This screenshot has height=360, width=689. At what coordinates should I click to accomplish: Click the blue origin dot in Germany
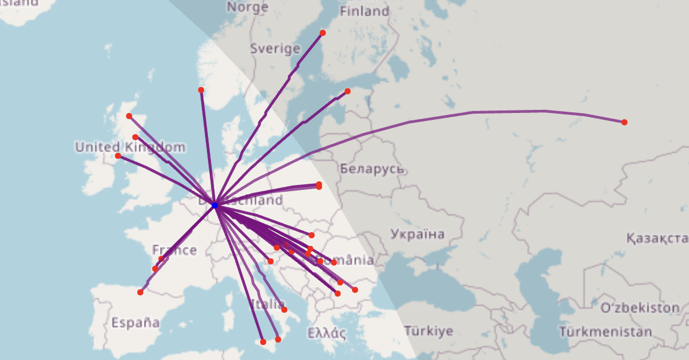[x=215, y=205]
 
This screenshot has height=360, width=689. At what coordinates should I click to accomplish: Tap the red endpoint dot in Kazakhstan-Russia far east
[x=624, y=122]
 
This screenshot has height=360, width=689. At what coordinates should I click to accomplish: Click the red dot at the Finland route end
[x=323, y=33]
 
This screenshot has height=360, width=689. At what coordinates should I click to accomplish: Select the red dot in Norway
[x=201, y=90]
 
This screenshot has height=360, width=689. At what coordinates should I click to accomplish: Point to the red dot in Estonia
[x=348, y=91]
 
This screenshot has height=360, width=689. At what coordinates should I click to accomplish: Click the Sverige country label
[x=275, y=48]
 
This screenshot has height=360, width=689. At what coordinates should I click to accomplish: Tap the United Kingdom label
[x=130, y=147]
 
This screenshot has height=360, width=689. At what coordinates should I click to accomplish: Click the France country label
[x=174, y=250]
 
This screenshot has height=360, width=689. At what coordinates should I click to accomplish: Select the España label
[x=135, y=323]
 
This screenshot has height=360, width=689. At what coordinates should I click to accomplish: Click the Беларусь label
[x=372, y=169]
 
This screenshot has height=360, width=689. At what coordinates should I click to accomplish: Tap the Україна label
[x=418, y=234]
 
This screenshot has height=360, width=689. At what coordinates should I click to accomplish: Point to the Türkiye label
[x=428, y=331]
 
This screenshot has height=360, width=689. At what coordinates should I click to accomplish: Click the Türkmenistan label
[x=605, y=332]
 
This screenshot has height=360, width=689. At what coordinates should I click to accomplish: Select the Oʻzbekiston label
[x=639, y=308]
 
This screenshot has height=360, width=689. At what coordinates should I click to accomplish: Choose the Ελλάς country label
[x=326, y=333]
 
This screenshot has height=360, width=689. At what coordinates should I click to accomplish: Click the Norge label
[x=247, y=7]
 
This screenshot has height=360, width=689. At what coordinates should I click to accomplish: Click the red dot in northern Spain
[x=140, y=292]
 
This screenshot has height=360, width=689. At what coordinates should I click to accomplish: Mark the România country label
[x=348, y=261]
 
